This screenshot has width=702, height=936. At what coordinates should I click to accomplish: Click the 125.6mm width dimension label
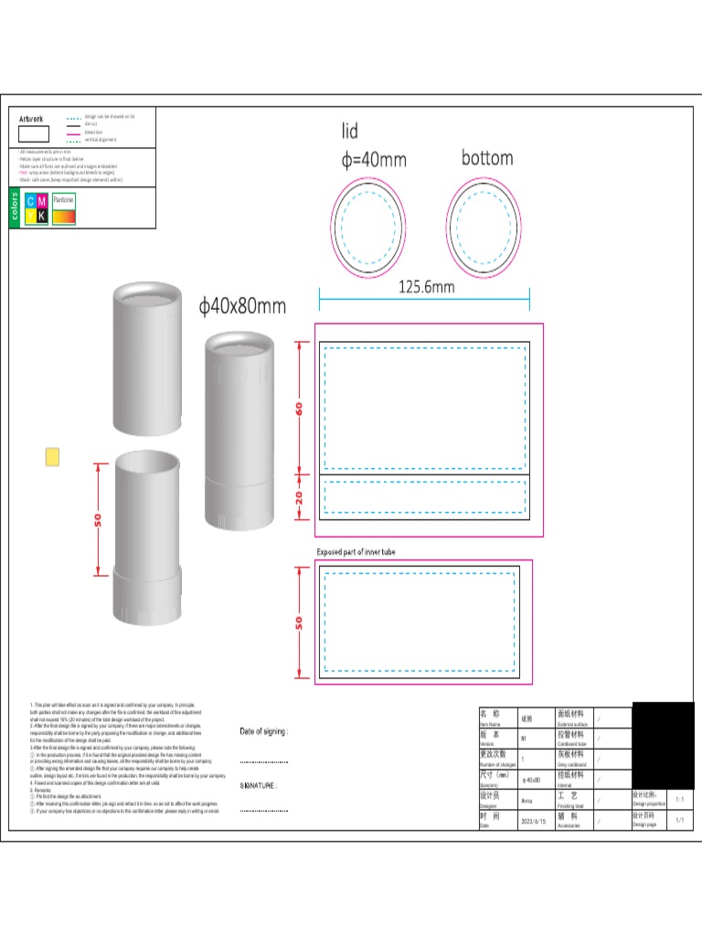(x=426, y=286)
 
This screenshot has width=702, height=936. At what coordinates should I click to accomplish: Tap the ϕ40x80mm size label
(x=242, y=306)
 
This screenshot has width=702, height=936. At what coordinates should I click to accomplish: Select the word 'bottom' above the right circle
(x=487, y=158)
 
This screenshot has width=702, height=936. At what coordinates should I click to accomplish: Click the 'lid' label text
(x=350, y=132)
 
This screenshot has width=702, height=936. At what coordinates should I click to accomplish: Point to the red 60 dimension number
(x=299, y=409)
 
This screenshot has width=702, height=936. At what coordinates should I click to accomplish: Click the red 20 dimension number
(x=299, y=497)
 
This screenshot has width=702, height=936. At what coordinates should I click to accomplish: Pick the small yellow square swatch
(x=53, y=456)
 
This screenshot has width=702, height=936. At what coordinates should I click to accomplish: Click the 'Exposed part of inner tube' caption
(x=356, y=552)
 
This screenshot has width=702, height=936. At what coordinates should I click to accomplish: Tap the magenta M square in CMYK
(x=42, y=201)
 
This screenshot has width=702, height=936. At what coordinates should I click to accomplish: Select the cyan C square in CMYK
(x=30, y=201)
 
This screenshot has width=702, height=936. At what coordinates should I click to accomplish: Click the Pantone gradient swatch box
(x=64, y=216)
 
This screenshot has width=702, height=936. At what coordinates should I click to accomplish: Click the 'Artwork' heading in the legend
(x=31, y=119)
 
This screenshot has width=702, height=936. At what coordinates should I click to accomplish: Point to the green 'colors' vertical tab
(x=15, y=207)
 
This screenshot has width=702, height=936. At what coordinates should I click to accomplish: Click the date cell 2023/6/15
(x=533, y=822)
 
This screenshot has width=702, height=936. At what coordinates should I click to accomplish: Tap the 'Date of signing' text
(x=263, y=731)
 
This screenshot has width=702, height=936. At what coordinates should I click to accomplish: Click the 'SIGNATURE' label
(x=259, y=785)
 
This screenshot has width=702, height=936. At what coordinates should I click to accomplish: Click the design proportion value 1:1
(x=679, y=800)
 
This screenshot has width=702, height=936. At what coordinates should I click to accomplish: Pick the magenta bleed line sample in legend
(x=74, y=133)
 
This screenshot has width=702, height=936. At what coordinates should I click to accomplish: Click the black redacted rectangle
(x=663, y=745)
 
